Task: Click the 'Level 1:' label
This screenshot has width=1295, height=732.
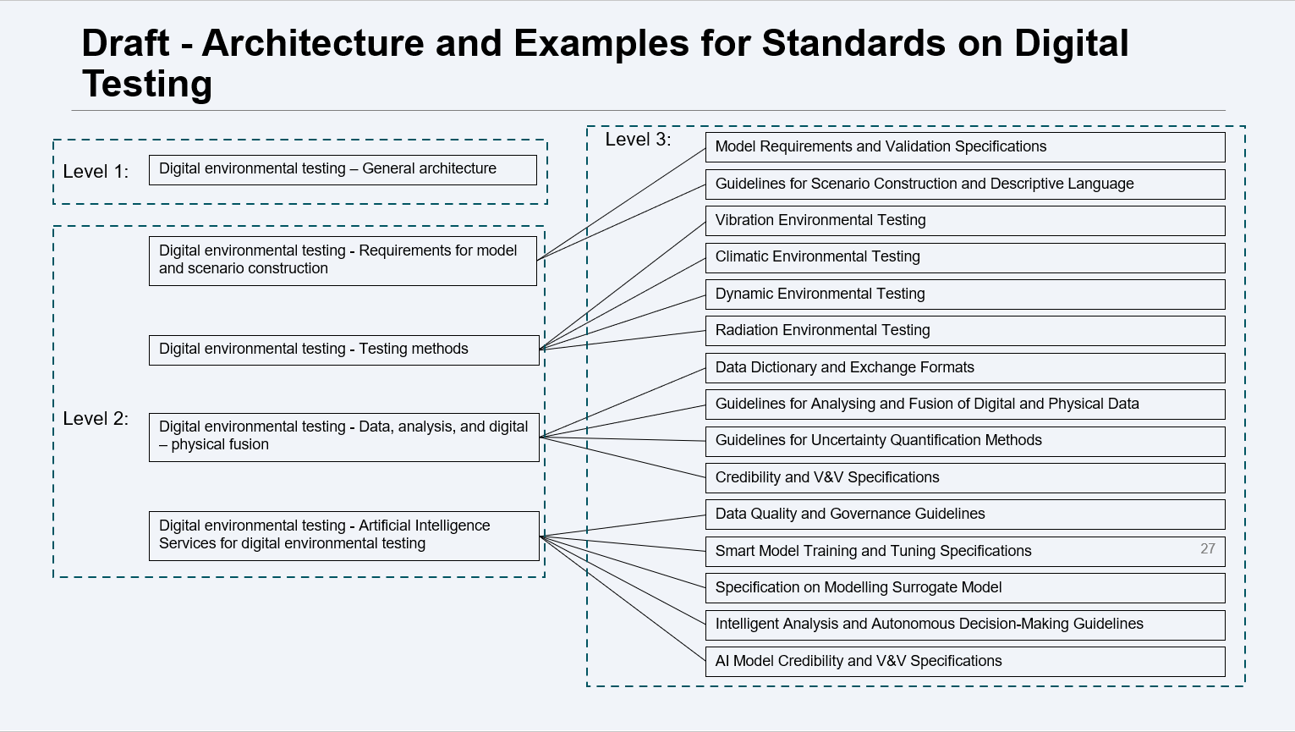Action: tap(96, 172)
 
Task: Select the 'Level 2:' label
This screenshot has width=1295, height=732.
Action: tap(96, 419)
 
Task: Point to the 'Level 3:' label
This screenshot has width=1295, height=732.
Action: tap(638, 140)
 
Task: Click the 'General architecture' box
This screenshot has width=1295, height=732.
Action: tap(343, 169)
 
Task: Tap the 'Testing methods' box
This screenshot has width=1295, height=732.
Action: tap(343, 349)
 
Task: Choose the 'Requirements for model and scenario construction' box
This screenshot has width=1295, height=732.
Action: tap(343, 261)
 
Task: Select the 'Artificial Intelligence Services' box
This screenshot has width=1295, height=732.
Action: tap(343, 536)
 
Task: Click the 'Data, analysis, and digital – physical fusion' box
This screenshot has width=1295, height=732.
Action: tap(343, 437)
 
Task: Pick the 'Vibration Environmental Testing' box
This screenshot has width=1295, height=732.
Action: tap(964, 221)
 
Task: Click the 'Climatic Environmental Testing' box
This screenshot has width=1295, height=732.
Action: tap(964, 257)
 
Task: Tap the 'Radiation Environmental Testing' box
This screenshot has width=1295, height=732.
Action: tap(964, 331)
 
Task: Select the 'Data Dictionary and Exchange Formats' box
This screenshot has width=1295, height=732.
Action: tap(964, 368)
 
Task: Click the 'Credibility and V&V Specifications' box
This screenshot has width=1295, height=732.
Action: tap(964, 478)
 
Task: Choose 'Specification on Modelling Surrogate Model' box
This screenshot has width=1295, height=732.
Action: tap(964, 588)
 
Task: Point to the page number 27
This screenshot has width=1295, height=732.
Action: tap(1207, 548)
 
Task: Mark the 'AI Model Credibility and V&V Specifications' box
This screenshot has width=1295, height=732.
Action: tap(964, 662)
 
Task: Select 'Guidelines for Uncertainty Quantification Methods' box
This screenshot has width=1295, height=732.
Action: tap(964, 441)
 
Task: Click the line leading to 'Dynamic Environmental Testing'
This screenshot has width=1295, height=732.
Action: tap(623, 322)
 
